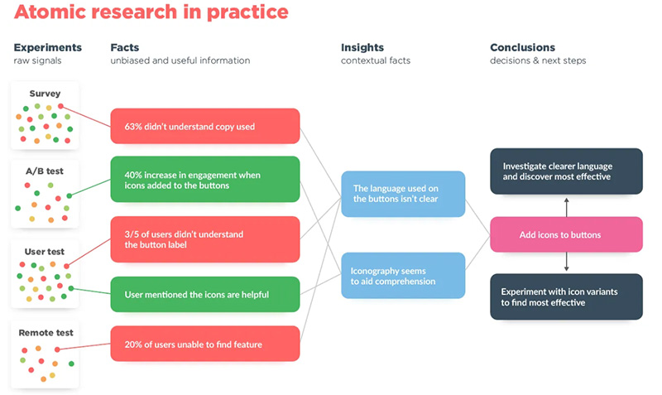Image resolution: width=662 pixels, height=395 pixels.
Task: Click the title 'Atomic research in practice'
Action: pyautogui.click(x=151, y=13)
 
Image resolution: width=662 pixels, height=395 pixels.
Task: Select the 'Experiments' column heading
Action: pyautogui.click(x=47, y=47)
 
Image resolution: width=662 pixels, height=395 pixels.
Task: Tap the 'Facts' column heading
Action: pyautogui.click(x=125, y=47)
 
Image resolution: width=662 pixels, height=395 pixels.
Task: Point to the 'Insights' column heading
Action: pyautogui.click(x=362, y=47)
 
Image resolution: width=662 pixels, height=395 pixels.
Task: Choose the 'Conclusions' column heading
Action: pyautogui.click(x=522, y=47)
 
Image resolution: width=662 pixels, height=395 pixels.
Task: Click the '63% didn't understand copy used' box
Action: pyautogui.click(x=204, y=127)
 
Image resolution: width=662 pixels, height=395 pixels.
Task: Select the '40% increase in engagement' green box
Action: pyautogui.click(x=204, y=180)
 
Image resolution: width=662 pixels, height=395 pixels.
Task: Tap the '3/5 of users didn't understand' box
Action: pyautogui.click(x=204, y=239)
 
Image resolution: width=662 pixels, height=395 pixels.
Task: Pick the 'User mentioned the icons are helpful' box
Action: pyautogui.click(x=204, y=294)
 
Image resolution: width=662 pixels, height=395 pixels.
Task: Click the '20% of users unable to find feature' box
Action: pyautogui.click(x=204, y=344)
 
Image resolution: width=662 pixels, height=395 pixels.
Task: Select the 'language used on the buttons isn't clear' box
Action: pyautogui.click(x=403, y=193)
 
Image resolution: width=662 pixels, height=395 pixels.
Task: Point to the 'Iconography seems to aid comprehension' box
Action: pyautogui.click(x=403, y=276)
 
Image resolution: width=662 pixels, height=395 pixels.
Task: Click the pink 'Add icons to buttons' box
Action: pyautogui.click(x=566, y=235)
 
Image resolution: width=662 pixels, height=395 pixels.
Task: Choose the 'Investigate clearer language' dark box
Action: pyautogui.click(x=566, y=171)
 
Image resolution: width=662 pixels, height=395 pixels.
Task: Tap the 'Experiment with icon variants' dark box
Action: pyautogui.click(x=566, y=296)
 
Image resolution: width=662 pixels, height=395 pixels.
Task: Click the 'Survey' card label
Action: pyautogui.click(x=45, y=94)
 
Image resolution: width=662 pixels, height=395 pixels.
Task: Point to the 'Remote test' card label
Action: pyautogui.click(x=46, y=332)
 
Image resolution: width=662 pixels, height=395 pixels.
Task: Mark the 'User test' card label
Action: pyautogui.click(x=45, y=251)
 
